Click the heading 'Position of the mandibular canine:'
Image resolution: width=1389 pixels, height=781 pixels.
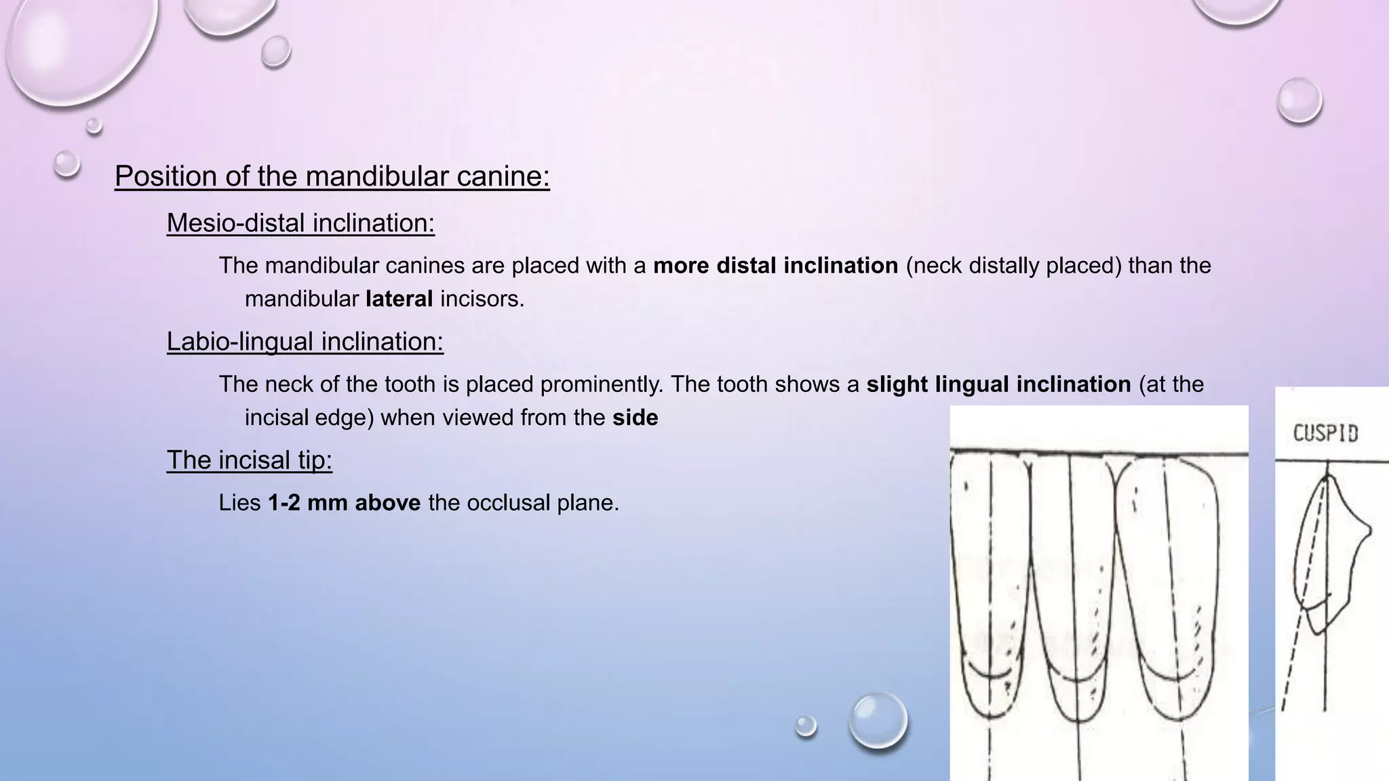click(332, 176)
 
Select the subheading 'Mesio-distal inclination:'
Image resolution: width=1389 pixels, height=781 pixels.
click(300, 223)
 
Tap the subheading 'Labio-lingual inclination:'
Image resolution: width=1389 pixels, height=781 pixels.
click(305, 342)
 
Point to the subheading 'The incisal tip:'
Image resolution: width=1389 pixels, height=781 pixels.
click(249, 460)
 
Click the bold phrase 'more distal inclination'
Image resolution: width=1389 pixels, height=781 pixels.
click(775, 266)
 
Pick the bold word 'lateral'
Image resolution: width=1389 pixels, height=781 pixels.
click(399, 299)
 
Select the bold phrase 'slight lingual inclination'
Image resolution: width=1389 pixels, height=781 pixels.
click(998, 384)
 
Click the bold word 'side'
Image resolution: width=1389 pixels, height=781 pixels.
click(635, 418)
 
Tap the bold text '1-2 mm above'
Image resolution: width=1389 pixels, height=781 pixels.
click(344, 503)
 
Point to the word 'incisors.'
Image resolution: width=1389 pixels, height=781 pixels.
click(482, 299)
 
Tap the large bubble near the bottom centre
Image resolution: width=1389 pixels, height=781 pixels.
click(878, 720)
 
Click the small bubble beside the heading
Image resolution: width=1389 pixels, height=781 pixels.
click(66, 163)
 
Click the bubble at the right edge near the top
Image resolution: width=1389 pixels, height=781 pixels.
click(1299, 100)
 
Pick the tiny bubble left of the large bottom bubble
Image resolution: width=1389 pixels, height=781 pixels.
click(806, 725)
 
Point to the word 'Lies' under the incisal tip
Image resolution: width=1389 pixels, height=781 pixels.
click(239, 503)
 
